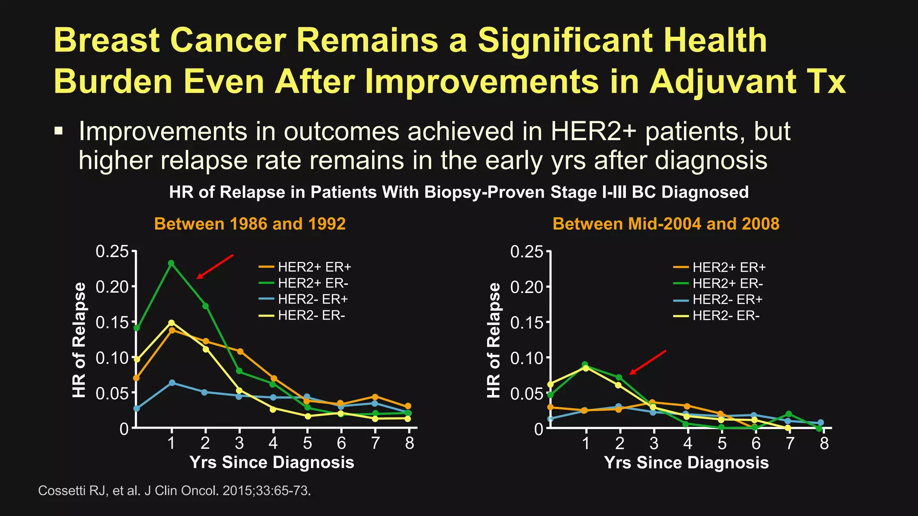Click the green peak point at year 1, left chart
171,263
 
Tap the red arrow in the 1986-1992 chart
215,267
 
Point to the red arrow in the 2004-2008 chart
648,362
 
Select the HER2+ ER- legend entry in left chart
312,283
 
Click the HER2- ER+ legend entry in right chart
727,299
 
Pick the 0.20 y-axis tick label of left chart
112,286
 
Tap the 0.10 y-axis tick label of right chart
526,358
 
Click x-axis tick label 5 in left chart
307,443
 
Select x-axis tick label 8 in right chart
824,443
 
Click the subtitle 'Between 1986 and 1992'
250,224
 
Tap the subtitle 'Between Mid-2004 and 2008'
666,224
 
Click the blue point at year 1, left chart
172,383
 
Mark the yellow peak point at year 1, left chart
171,322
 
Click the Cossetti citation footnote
174,490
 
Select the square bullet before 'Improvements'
58,131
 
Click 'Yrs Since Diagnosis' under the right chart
686,462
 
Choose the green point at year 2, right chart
619,378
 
